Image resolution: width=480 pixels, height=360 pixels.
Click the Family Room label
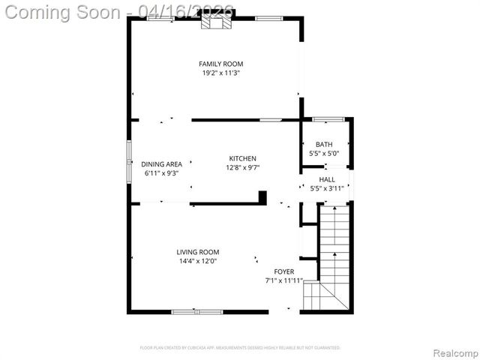click(220, 64)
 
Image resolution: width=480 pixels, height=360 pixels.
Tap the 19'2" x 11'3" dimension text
click(220, 73)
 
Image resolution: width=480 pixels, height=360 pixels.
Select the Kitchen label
click(242, 158)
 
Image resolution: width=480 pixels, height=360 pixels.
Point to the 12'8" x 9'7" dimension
click(242, 168)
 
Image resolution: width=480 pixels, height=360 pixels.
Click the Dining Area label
click(161, 164)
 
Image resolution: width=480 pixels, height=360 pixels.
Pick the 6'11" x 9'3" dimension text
click(161, 173)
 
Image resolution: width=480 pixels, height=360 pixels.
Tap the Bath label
click(324, 145)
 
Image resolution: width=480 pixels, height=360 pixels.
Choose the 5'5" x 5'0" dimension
click(324, 154)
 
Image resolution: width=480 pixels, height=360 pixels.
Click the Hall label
click(327, 180)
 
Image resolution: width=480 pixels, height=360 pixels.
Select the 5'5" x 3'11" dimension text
click(327, 189)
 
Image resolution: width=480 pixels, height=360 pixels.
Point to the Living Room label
click(198, 252)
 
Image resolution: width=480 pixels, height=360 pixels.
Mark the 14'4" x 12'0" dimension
click(198, 262)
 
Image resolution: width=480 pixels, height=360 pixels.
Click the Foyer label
click(283, 271)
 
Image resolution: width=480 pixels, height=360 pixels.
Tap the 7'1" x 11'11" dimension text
click(283, 280)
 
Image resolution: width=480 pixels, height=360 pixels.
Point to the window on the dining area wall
click(128, 160)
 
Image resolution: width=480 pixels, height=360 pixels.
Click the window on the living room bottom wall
click(196, 311)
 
